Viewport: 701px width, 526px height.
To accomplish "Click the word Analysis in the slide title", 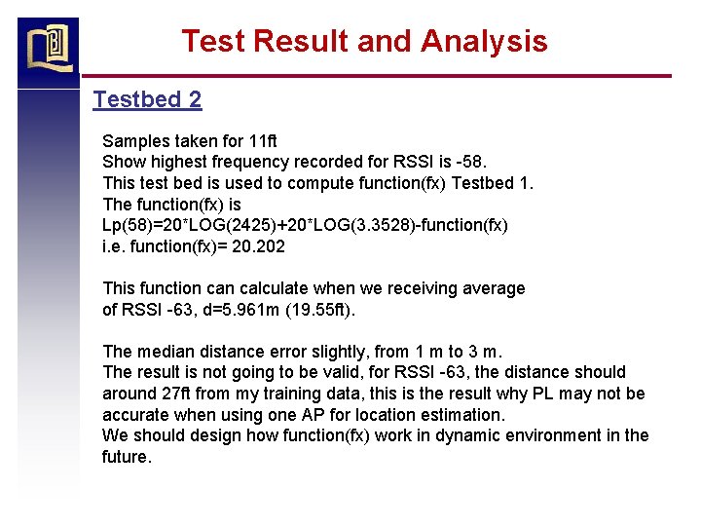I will point(484,41).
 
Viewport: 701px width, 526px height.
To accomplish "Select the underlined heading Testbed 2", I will point(147,99).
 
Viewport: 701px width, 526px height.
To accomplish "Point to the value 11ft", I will point(263,141).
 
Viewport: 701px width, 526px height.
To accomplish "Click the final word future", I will point(125,457).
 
